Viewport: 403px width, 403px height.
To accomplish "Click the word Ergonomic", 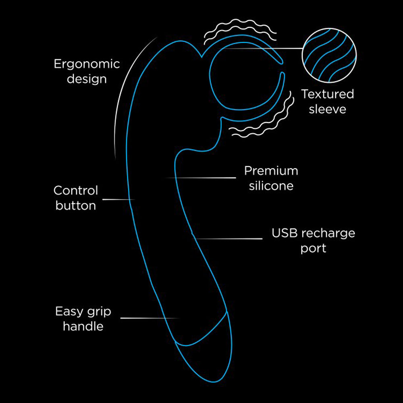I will [x=87, y=64].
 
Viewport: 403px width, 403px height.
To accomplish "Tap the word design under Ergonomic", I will [x=87, y=79].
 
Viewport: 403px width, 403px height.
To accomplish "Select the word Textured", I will [x=327, y=94].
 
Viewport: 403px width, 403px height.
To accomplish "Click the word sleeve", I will [x=327, y=109].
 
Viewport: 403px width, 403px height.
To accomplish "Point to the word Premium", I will [x=271, y=170].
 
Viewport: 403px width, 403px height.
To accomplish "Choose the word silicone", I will [x=271, y=186].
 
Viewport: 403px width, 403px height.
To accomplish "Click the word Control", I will [x=76, y=190].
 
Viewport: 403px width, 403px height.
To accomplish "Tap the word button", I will [x=76, y=206].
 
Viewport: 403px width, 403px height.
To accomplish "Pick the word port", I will [x=313, y=248].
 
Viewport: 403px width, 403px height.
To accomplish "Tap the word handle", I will [x=83, y=326].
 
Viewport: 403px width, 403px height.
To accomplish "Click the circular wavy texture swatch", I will [x=329, y=56].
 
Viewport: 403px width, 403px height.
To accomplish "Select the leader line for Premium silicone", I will [x=201, y=177].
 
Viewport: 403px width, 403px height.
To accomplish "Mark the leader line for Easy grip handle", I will [x=149, y=318].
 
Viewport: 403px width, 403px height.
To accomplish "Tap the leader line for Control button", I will [x=118, y=199].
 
